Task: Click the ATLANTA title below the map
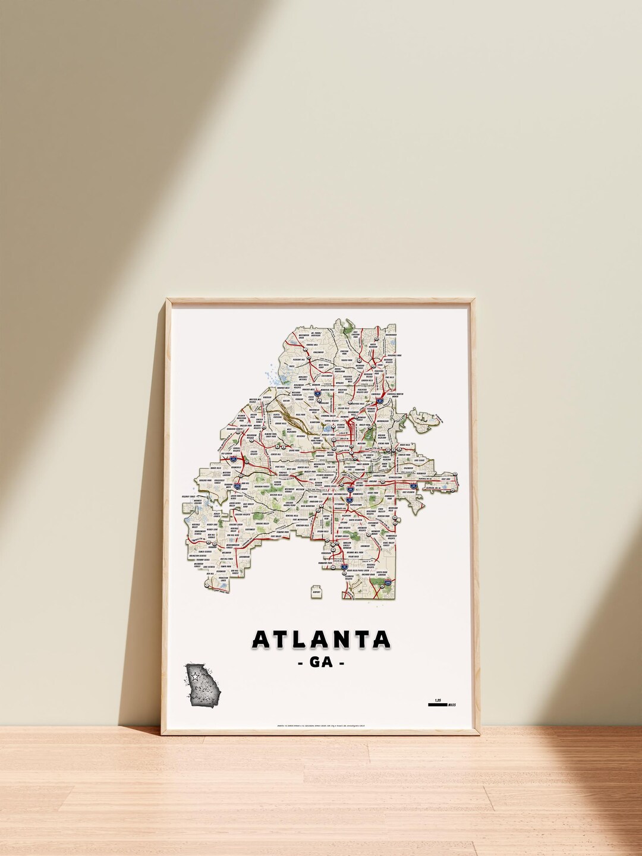pos(321,640)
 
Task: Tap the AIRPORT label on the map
pos(316,591)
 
